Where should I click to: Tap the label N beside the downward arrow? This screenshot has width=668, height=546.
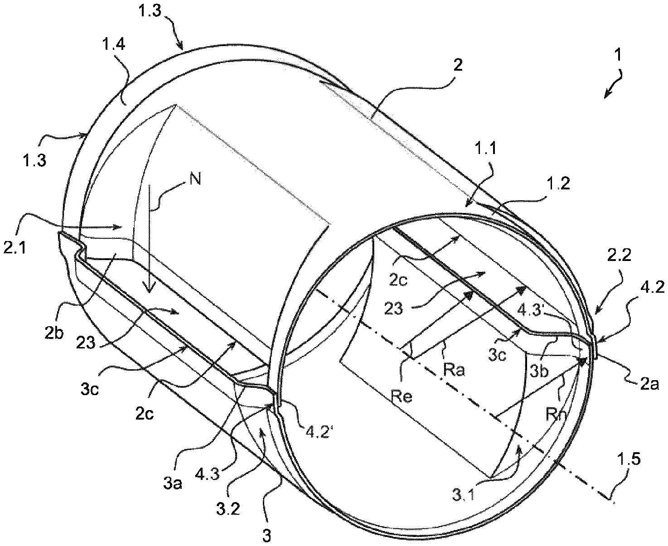[x=195, y=179]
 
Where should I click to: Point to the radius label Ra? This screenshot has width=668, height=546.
[x=455, y=370]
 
